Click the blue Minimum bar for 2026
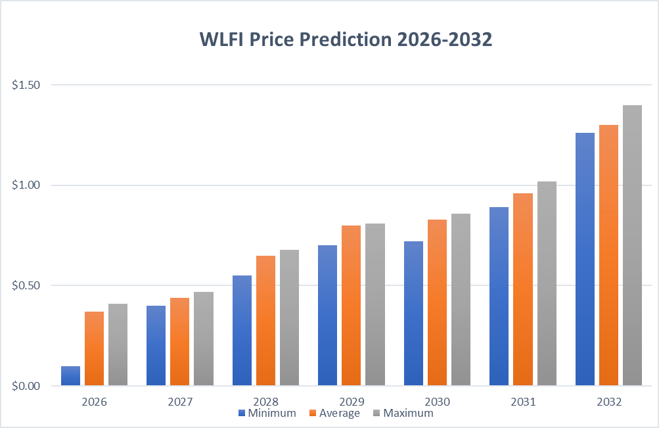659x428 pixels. click(70, 375)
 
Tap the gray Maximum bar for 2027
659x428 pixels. click(204, 339)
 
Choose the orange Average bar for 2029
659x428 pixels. click(351, 306)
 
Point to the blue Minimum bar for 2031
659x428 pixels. click(499, 297)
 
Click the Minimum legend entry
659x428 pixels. click(267, 414)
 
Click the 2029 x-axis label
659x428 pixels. click(351, 401)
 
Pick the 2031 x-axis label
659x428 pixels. click(522, 401)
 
